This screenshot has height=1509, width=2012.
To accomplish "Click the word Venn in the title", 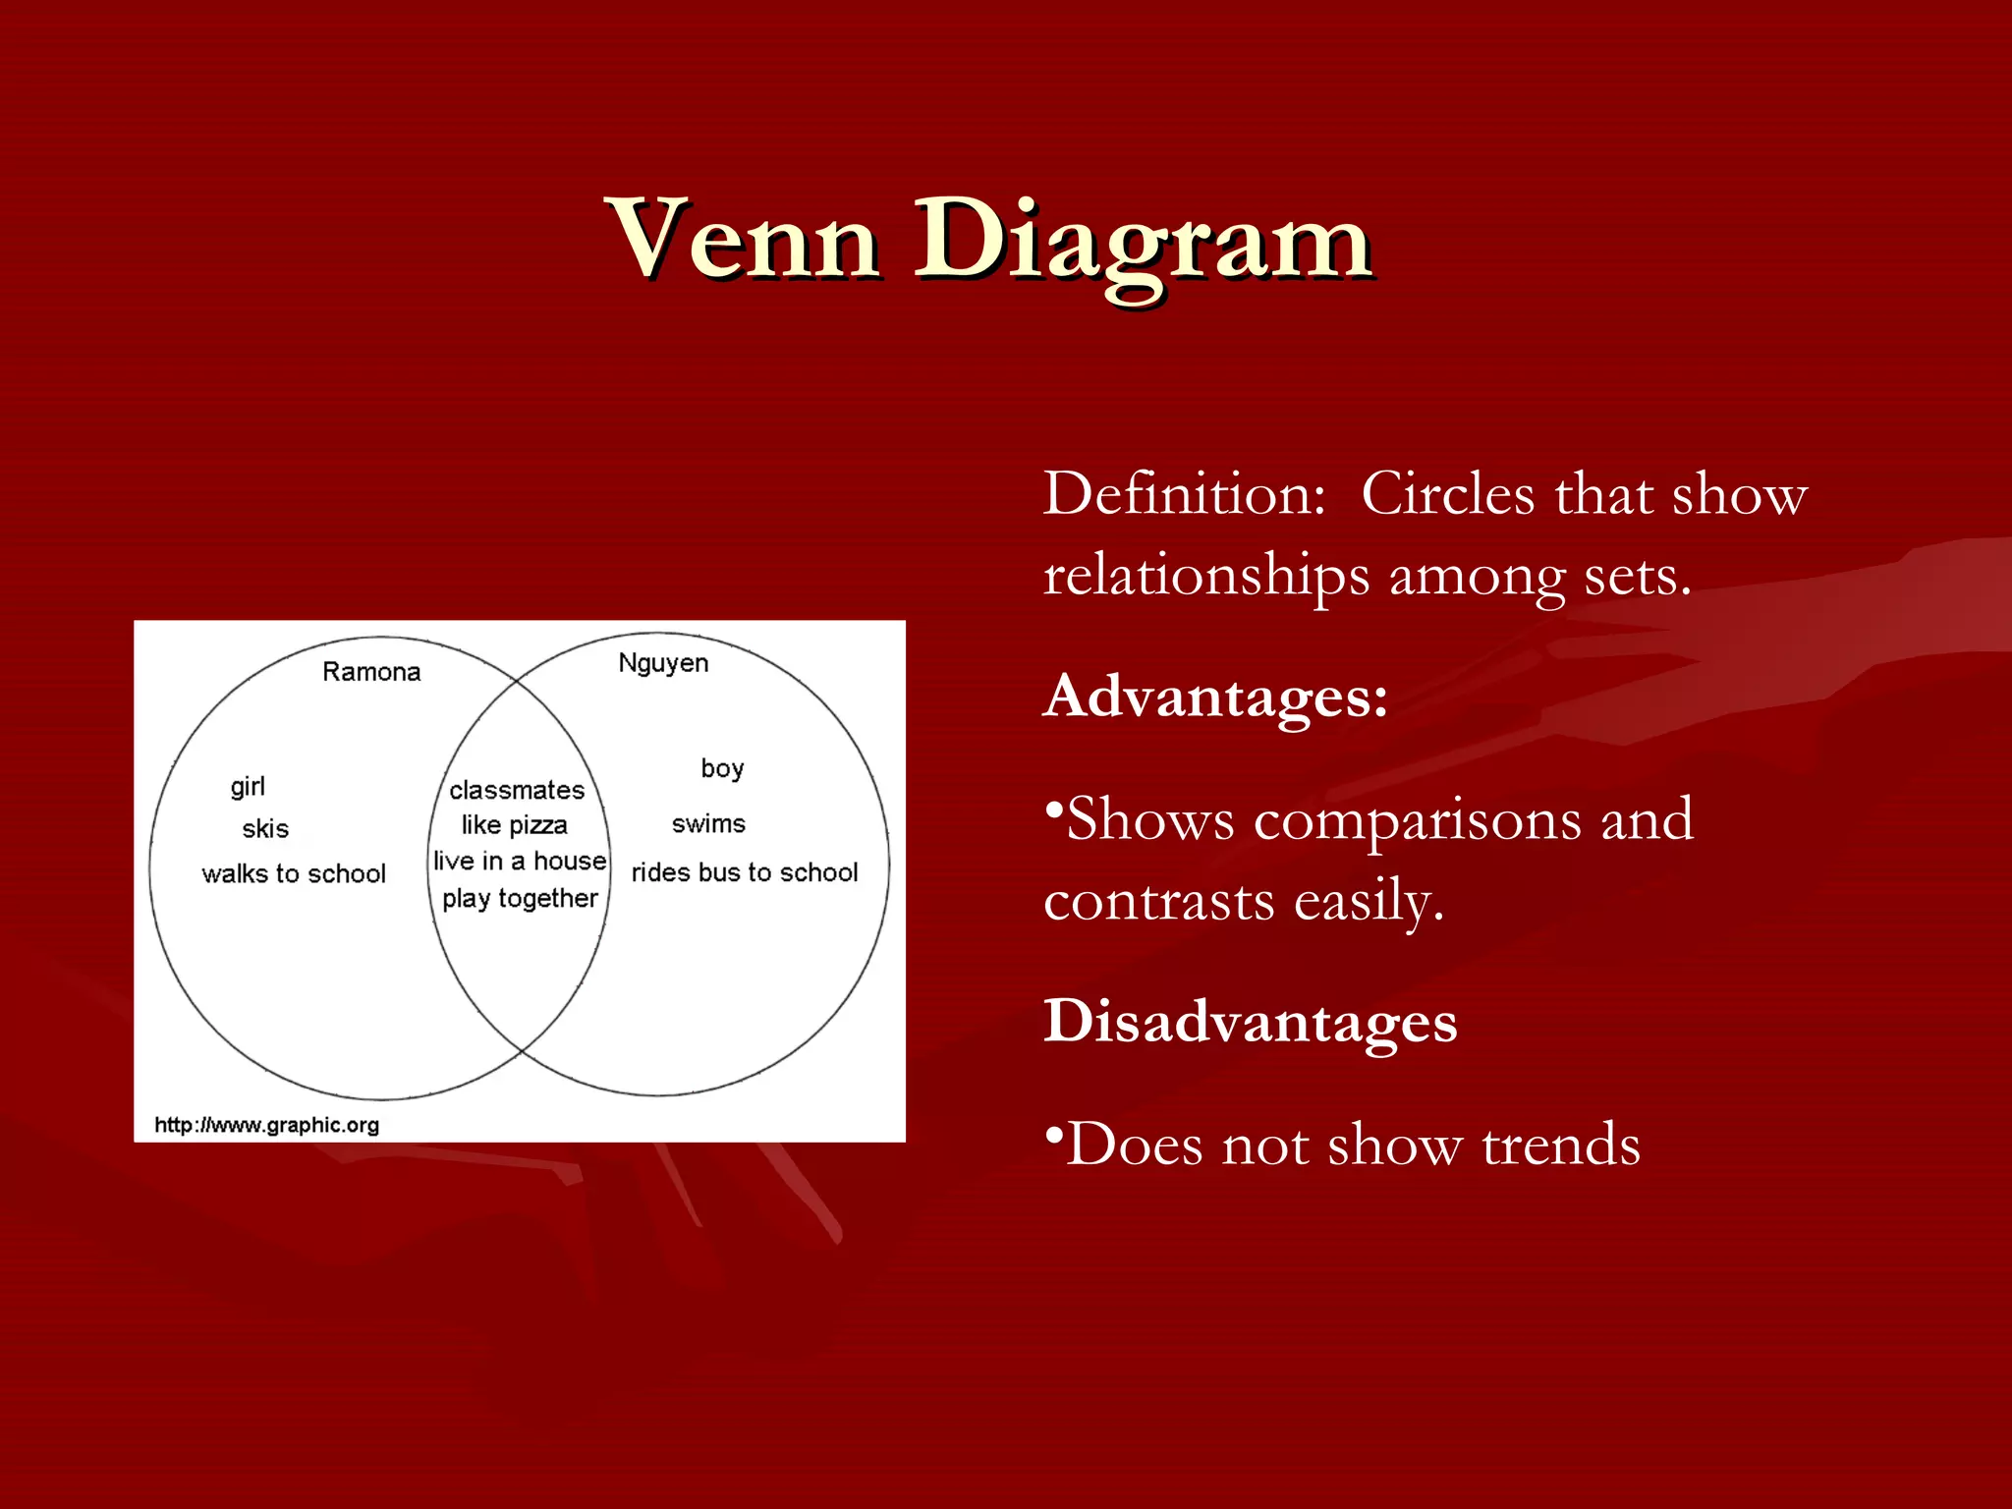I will (x=745, y=241).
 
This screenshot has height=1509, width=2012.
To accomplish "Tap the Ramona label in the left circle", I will (x=371, y=672).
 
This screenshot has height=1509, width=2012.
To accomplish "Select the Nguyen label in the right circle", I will (x=663, y=664).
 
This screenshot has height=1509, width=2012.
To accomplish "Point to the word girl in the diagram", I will (x=248, y=787).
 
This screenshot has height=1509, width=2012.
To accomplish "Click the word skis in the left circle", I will (x=265, y=829).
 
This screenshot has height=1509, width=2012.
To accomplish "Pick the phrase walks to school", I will (x=294, y=873).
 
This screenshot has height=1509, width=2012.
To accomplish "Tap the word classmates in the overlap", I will (x=517, y=790).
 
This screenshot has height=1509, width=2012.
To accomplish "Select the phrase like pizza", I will (x=515, y=825).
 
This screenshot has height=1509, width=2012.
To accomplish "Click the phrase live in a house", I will (x=520, y=862).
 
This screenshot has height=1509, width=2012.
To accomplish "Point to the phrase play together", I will (x=520, y=899).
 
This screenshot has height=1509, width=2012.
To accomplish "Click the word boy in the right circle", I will (x=722, y=768).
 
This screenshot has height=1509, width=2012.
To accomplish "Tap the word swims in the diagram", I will (x=708, y=824).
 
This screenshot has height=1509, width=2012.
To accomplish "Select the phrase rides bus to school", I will (x=745, y=872).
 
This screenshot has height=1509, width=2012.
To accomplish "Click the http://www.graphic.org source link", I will (x=266, y=1125).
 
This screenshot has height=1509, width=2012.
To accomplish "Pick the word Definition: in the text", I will (x=1185, y=494).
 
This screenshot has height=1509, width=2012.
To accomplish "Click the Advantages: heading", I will (x=1216, y=698).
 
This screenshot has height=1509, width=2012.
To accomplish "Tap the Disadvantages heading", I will (x=1250, y=1022).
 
